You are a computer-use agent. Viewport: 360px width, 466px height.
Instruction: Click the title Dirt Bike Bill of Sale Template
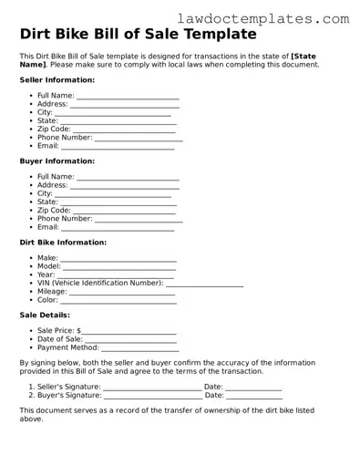[138, 35]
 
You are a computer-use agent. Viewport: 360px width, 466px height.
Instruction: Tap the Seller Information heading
[57, 80]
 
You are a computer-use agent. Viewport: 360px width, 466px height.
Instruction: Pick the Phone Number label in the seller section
[65, 138]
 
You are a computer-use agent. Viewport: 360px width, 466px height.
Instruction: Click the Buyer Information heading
[57, 161]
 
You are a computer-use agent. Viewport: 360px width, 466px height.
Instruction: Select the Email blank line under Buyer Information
[118, 228]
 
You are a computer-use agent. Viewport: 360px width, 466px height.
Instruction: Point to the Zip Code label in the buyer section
[54, 211]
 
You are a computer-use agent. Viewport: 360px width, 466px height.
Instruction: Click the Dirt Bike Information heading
[63, 243]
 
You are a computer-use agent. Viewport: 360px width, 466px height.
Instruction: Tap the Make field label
[47, 259]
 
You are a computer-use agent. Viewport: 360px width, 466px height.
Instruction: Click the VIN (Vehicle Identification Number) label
[100, 284]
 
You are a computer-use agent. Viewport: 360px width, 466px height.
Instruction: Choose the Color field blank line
[118, 301]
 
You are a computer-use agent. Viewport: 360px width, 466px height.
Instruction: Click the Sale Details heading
[45, 316]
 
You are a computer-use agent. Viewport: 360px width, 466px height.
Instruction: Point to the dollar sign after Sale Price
[79, 331]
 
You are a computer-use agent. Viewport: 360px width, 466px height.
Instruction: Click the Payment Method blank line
[140, 348]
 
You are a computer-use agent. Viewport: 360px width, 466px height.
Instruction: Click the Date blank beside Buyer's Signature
[253, 396]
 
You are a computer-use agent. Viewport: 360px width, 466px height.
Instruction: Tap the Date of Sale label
[59, 339]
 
